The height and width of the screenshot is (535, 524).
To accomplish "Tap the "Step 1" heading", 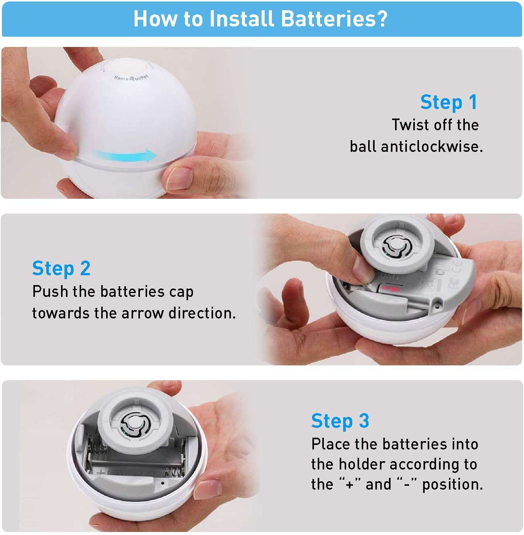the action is (x=449, y=102).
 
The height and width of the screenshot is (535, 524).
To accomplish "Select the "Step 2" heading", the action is (x=61, y=268).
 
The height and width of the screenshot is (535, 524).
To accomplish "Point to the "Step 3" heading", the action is (x=340, y=421).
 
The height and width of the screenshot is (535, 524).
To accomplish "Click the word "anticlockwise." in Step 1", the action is (x=431, y=147).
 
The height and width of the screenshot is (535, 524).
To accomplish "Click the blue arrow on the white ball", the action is (x=124, y=156).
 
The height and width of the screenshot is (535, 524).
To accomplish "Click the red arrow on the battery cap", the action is (x=392, y=289).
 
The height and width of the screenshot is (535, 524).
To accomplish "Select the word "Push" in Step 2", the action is (x=50, y=291).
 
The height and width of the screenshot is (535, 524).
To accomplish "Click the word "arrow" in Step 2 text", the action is (x=142, y=314).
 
